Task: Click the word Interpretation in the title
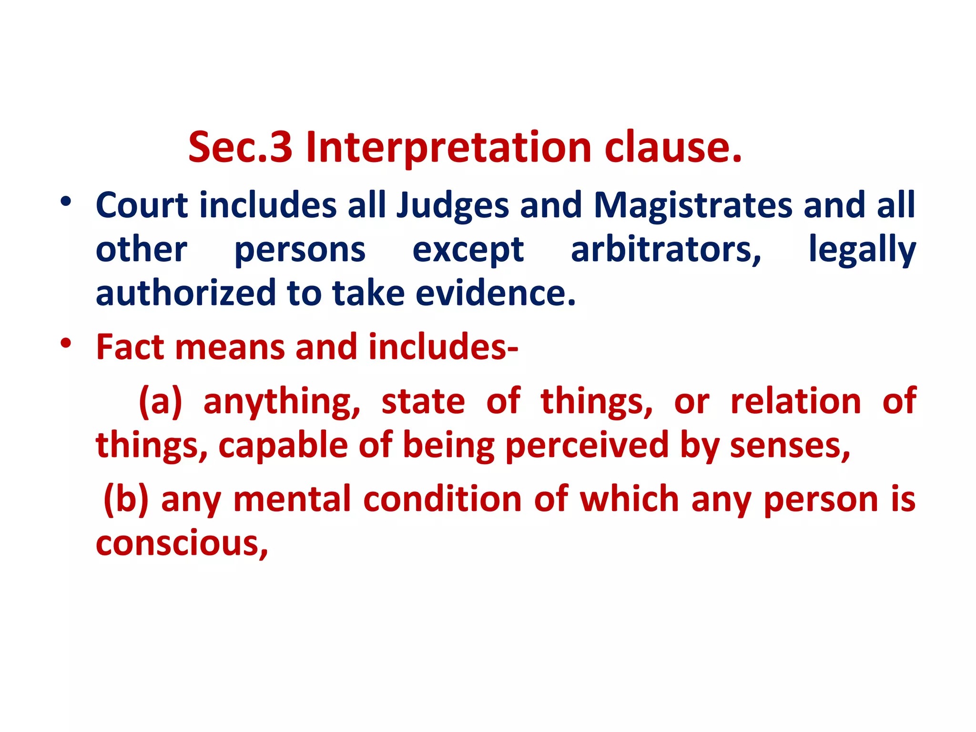[448, 148]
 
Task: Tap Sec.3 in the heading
[240, 148]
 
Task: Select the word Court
[142, 205]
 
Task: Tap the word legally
[862, 251]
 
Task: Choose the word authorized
[185, 293]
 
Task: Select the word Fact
[130, 347]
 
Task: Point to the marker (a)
[161, 401]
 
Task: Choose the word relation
[795, 401]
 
